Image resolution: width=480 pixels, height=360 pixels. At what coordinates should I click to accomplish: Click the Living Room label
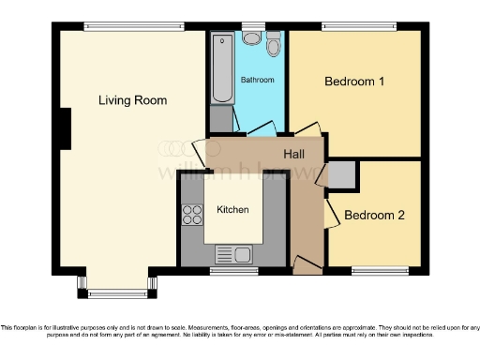[132, 99]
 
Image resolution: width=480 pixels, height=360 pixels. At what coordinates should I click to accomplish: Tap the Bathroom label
[257, 81]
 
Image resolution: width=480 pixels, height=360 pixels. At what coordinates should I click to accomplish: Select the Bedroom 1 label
[354, 82]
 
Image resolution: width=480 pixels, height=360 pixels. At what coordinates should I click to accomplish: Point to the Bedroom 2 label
[374, 215]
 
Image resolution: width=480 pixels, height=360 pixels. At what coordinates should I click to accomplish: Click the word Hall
[294, 154]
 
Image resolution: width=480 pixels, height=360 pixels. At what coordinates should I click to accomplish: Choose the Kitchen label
[233, 209]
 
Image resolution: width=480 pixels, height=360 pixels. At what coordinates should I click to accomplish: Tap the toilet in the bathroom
[274, 44]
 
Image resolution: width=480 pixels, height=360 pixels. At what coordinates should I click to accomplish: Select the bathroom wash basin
[251, 37]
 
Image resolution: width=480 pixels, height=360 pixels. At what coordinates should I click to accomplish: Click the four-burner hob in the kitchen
[192, 215]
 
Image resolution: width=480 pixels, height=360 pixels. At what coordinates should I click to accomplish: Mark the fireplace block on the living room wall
[66, 128]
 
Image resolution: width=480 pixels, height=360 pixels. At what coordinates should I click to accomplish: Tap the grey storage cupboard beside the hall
[342, 173]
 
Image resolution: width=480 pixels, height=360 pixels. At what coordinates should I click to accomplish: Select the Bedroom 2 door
[330, 213]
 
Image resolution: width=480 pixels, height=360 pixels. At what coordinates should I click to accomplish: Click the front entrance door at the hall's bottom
[306, 267]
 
